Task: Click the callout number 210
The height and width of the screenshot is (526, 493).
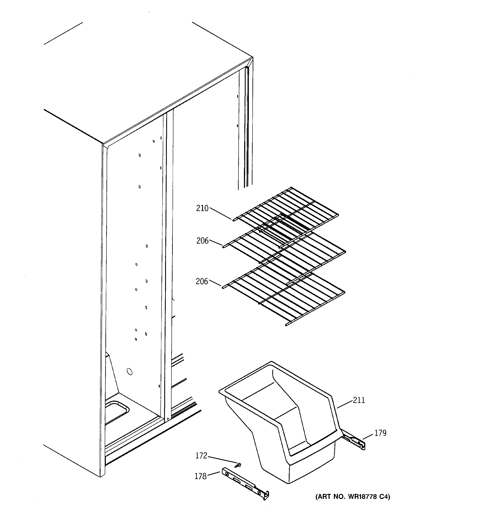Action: point(202,208)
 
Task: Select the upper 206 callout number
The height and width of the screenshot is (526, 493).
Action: point(203,241)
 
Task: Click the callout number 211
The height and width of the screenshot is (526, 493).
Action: point(359,400)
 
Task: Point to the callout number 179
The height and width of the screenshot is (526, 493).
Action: point(381,433)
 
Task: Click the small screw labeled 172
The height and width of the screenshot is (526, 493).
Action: point(239,464)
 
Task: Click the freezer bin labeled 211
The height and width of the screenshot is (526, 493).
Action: point(280,429)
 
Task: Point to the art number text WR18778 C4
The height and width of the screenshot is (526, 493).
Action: point(353,497)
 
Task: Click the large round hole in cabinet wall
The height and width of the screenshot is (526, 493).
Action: point(129,372)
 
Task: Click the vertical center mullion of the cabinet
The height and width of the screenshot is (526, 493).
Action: point(168,265)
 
